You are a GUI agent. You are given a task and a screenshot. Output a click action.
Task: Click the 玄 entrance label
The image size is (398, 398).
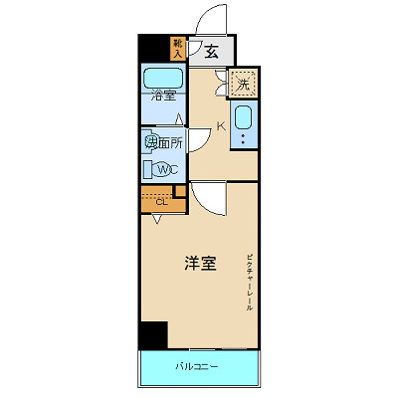click(x=213, y=53)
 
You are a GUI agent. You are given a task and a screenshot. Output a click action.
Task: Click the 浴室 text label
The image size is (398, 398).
click(x=163, y=97)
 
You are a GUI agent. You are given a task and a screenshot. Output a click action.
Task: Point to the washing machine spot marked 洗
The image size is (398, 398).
click(x=243, y=85)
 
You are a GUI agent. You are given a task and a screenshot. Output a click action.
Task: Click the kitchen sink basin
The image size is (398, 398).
click(x=244, y=124)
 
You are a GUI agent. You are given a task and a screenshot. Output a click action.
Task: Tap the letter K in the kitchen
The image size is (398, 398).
click(x=222, y=125)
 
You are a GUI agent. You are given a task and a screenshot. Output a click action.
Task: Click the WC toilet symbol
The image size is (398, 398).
click(x=166, y=169)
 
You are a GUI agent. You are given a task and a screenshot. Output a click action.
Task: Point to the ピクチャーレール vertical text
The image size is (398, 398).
click(x=250, y=283)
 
